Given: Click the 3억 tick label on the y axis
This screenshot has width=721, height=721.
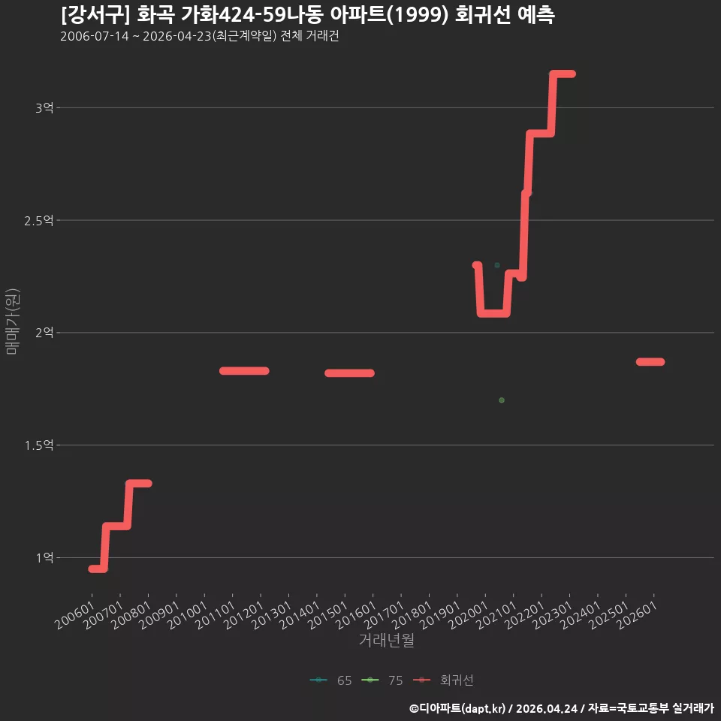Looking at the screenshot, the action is click(x=44, y=108).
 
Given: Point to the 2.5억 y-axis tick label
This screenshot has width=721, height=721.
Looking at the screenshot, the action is click(x=39, y=221).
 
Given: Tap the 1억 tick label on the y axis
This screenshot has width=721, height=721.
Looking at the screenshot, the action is click(x=44, y=558).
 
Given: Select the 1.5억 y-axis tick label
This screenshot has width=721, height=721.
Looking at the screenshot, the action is click(x=39, y=445).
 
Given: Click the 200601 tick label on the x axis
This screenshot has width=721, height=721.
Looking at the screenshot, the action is click(x=74, y=615).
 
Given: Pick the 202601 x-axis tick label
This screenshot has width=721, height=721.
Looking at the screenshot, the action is click(x=637, y=615).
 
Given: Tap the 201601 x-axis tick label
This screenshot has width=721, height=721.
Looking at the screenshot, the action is click(x=355, y=615).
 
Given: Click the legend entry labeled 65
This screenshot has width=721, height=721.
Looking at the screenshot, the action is click(x=331, y=680).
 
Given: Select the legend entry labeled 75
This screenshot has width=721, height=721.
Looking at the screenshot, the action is click(x=382, y=680).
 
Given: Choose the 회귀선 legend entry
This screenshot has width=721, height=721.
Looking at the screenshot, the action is click(x=443, y=680).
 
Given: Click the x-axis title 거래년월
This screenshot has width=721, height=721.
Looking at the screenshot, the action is click(x=386, y=640).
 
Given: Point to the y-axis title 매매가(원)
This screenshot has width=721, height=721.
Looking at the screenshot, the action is click(x=13, y=321).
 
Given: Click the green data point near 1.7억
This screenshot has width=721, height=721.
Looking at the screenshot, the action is click(x=502, y=400).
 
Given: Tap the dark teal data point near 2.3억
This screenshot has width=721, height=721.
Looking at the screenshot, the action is click(x=497, y=265).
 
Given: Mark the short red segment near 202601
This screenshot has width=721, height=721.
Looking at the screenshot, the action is click(x=650, y=362).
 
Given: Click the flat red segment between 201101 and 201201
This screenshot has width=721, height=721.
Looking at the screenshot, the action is click(x=244, y=370).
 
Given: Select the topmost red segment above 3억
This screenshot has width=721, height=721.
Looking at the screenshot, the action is click(x=563, y=74).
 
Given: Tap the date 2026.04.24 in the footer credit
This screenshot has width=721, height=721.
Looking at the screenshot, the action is click(x=546, y=708).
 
